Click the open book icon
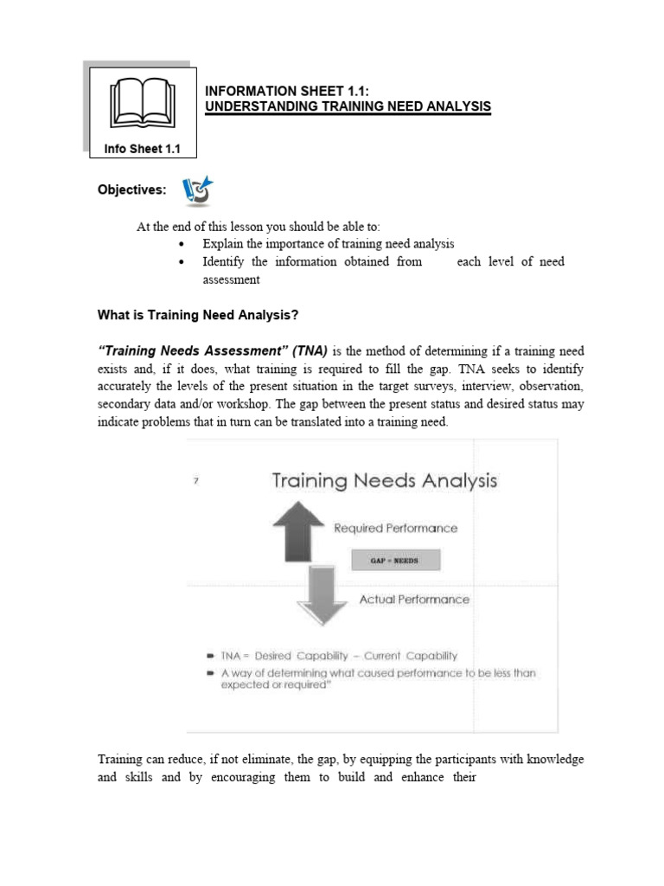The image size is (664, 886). click(x=144, y=104)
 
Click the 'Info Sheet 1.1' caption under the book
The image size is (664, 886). click(x=143, y=149)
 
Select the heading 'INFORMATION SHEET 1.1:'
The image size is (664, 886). click(x=274, y=90)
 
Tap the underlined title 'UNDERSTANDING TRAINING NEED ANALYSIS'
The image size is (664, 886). click(x=347, y=106)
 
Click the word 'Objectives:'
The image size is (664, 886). click(x=131, y=189)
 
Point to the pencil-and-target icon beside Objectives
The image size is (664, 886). click(x=197, y=191)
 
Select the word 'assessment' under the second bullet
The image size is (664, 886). click(x=231, y=279)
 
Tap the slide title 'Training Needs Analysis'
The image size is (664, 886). click(x=385, y=480)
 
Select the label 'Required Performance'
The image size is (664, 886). click(x=396, y=528)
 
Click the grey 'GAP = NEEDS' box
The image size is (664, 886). click(x=394, y=560)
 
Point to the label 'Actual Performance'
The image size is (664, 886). click(x=414, y=599)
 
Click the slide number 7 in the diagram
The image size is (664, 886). click(x=196, y=482)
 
